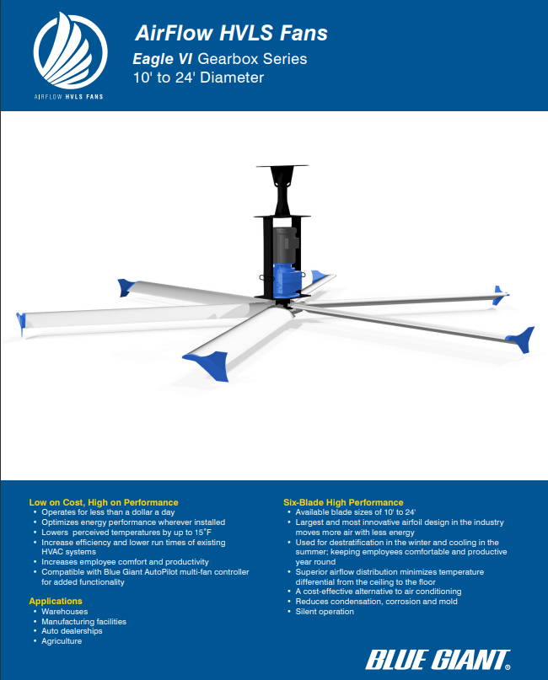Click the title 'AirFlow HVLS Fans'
(231, 34)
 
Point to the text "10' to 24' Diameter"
(198, 78)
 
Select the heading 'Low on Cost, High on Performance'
(104, 502)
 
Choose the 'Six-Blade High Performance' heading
(343, 502)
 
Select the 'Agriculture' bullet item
(62, 641)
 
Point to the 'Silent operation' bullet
(325, 612)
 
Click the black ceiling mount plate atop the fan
(280, 169)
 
